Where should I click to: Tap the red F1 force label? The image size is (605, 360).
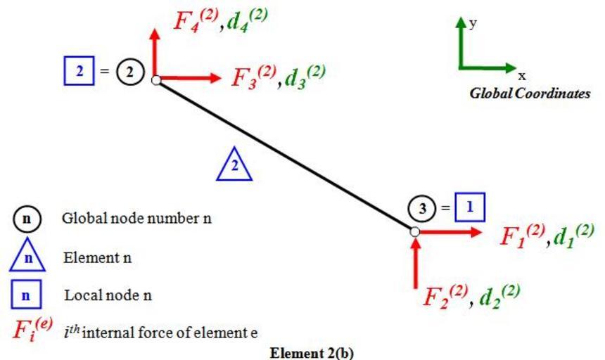click(x=518, y=235)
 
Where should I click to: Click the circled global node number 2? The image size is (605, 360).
click(x=130, y=71)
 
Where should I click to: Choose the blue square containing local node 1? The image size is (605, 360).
click(x=470, y=207)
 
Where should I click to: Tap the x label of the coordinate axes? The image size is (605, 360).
click(x=522, y=75)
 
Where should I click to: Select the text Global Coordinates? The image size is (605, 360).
click(x=530, y=93)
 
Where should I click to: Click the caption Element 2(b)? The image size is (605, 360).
click(x=312, y=352)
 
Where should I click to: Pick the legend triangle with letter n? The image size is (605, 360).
click(x=27, y=257)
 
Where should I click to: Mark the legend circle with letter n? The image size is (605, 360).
click(x=27, y=219)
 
